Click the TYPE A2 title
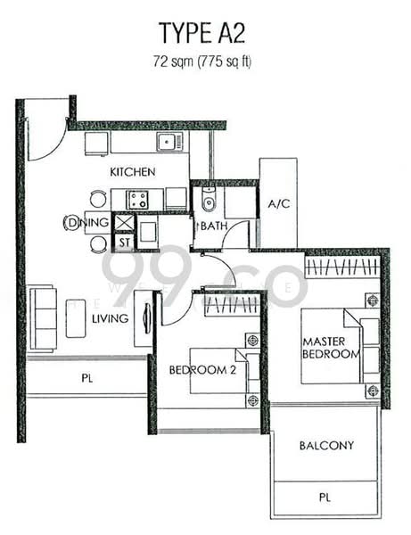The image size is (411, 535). (x=201, y=33)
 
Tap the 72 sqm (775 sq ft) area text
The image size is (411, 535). (x=201, y=62)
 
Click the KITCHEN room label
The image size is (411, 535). (x=132, y=171)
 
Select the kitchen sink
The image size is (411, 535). (x=169, y=142)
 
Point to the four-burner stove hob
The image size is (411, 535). (x=137, y=200)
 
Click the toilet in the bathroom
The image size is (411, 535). (x=208, y=200)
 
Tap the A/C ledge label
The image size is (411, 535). (x=279, y=204)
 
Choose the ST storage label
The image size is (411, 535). (x=125, y=243)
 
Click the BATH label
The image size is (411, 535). (x=214, y=226)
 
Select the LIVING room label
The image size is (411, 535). (x=111, y=318)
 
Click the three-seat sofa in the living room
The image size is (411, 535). (x=43, y=319)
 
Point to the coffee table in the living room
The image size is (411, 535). (x=76, y=318)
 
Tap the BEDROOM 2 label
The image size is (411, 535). (x=202, y=370)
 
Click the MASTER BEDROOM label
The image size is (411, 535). (x=331, y=348)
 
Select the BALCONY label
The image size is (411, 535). (x=326, y=445)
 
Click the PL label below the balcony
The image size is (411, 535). (x=325, y=498)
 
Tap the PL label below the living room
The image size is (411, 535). (x=87, y=378)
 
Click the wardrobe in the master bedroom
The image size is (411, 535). (x=341, y=266)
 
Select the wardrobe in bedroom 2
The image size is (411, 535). (x=232, y=305)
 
